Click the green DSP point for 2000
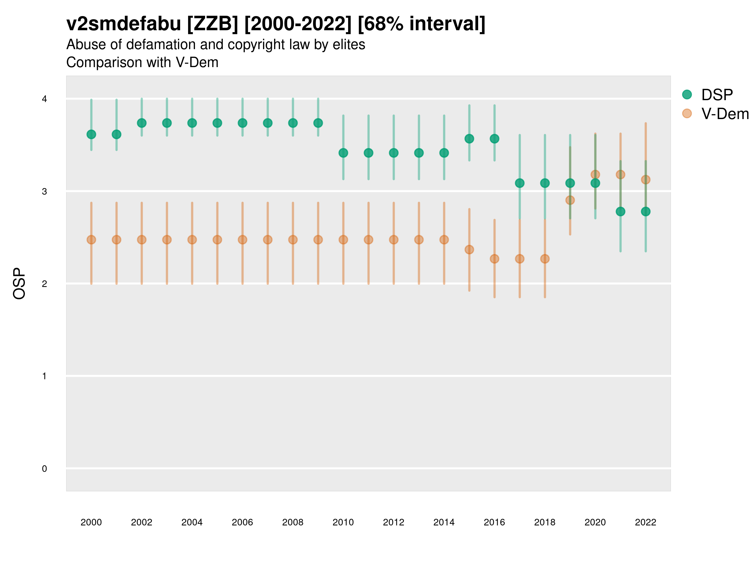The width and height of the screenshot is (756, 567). [x=91, y=134]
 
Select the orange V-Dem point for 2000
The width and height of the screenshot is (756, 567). [x=91, y=240]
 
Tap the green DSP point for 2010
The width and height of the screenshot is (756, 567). [x=343, y=153]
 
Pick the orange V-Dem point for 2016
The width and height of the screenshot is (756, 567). [x=494, y=259]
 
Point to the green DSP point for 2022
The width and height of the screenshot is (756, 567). [x=645, y=212]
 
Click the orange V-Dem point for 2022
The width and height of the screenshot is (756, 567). [x=645, y=180]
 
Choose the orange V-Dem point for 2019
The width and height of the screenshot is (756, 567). [x=570, y=200]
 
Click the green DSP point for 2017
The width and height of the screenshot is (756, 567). [x=519, y=183]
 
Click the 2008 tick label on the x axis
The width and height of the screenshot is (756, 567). [x=293, y=522]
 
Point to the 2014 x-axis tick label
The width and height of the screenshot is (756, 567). [x=444, y=522]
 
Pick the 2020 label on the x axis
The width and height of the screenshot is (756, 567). [x=595, y=522]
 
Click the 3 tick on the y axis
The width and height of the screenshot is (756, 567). [x=44, y=192]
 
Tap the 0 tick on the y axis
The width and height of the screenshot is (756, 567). [x=44, y=469]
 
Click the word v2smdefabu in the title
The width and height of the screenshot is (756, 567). [x=123, y=24]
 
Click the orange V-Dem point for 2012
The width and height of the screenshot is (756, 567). [x=393, y=240]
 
